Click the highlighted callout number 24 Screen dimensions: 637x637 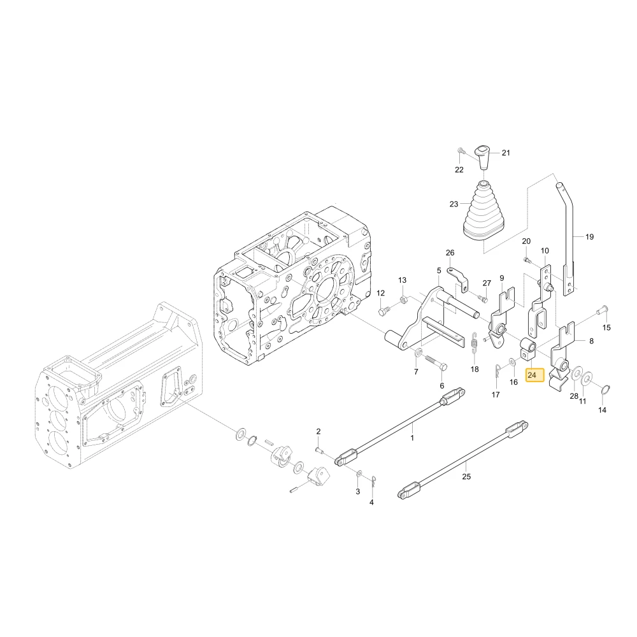pyautogui.click(x=532, y=375)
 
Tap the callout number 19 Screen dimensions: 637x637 pyautogui.click(x=589, y=236)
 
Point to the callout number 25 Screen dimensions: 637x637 pyautogui.click(x=466, y=476)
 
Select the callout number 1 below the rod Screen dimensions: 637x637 pyautogui.click(x=412, y=438)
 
